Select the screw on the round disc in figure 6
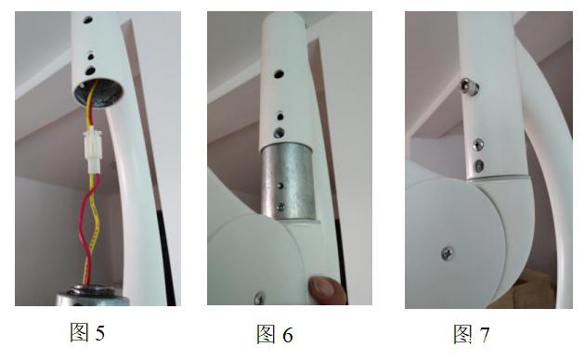[259, 297]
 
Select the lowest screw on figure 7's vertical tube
[479, 165]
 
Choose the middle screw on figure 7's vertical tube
[479, 144]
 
